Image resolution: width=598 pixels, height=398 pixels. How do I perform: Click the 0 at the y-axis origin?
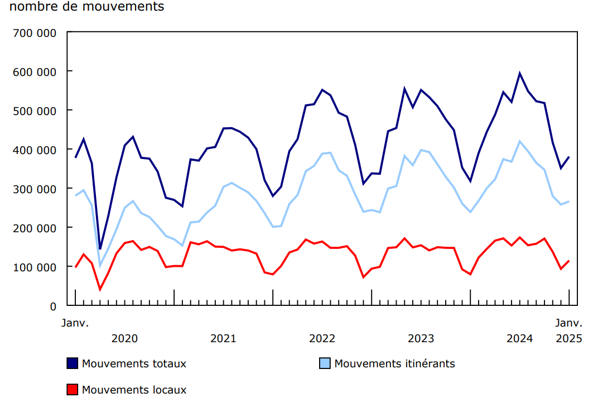[53, 306]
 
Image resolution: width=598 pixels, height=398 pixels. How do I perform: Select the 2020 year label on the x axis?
[124, 338]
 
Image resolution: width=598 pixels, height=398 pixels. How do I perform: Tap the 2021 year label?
[223, 338]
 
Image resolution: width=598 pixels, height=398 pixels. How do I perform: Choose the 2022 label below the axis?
[322, 338]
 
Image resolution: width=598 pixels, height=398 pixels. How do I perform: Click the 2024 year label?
[519, 338]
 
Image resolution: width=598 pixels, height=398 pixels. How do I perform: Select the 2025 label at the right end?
[569, 338]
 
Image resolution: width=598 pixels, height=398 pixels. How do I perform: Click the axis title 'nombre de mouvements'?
[87, 7]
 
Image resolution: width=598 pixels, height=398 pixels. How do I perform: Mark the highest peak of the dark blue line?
[520, 73]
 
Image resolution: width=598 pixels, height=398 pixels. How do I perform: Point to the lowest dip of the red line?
[100, 289]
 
